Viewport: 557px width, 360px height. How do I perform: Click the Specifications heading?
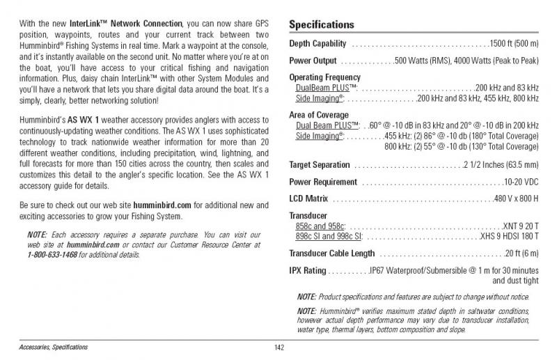[x=321, y=25]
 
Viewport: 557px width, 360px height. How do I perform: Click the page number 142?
[x=279, y=347]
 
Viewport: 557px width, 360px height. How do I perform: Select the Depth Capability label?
[x=317, y=44]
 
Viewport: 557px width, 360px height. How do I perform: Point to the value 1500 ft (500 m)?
[x=514, y=44]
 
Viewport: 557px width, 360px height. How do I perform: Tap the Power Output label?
[x=313, y=61]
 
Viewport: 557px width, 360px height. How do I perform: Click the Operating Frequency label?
[x=324, y=77]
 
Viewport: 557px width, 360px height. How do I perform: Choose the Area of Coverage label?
[x=319, y=114]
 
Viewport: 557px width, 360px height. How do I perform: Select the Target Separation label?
[x=319, y=165]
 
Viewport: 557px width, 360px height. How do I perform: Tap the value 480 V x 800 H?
[x=516, y=199]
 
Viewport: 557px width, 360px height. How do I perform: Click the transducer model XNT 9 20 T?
[x=520, y=226]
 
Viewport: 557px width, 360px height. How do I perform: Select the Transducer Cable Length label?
[x=331, y=253]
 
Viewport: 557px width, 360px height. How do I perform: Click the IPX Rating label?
[x=307, y=270]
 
